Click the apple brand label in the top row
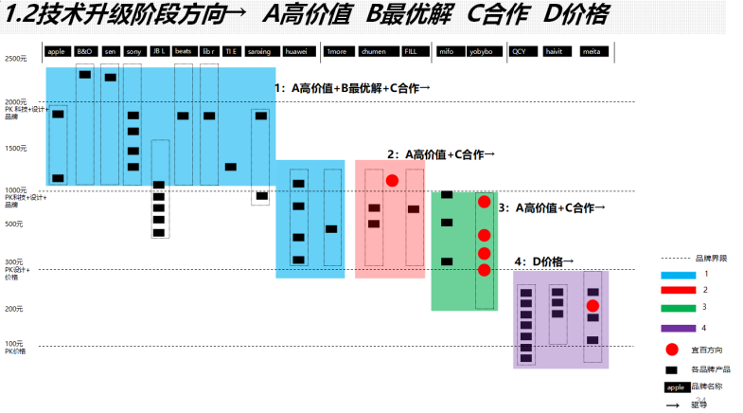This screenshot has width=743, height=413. pos(56,51)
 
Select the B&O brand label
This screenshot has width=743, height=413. pos(85,51)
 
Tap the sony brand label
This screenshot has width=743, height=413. pos(133,51)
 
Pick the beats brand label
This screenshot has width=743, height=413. pos(184,51)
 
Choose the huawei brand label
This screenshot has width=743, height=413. pos(296,51)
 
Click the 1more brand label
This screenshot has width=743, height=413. pos(335,51)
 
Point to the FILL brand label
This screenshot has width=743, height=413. pos(410,51)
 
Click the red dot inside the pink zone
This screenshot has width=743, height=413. pos(392,180)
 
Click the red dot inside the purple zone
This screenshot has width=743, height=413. pos(593,305)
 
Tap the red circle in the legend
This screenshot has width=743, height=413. pos(673,349)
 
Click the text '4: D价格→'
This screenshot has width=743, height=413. pos(543,260)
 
